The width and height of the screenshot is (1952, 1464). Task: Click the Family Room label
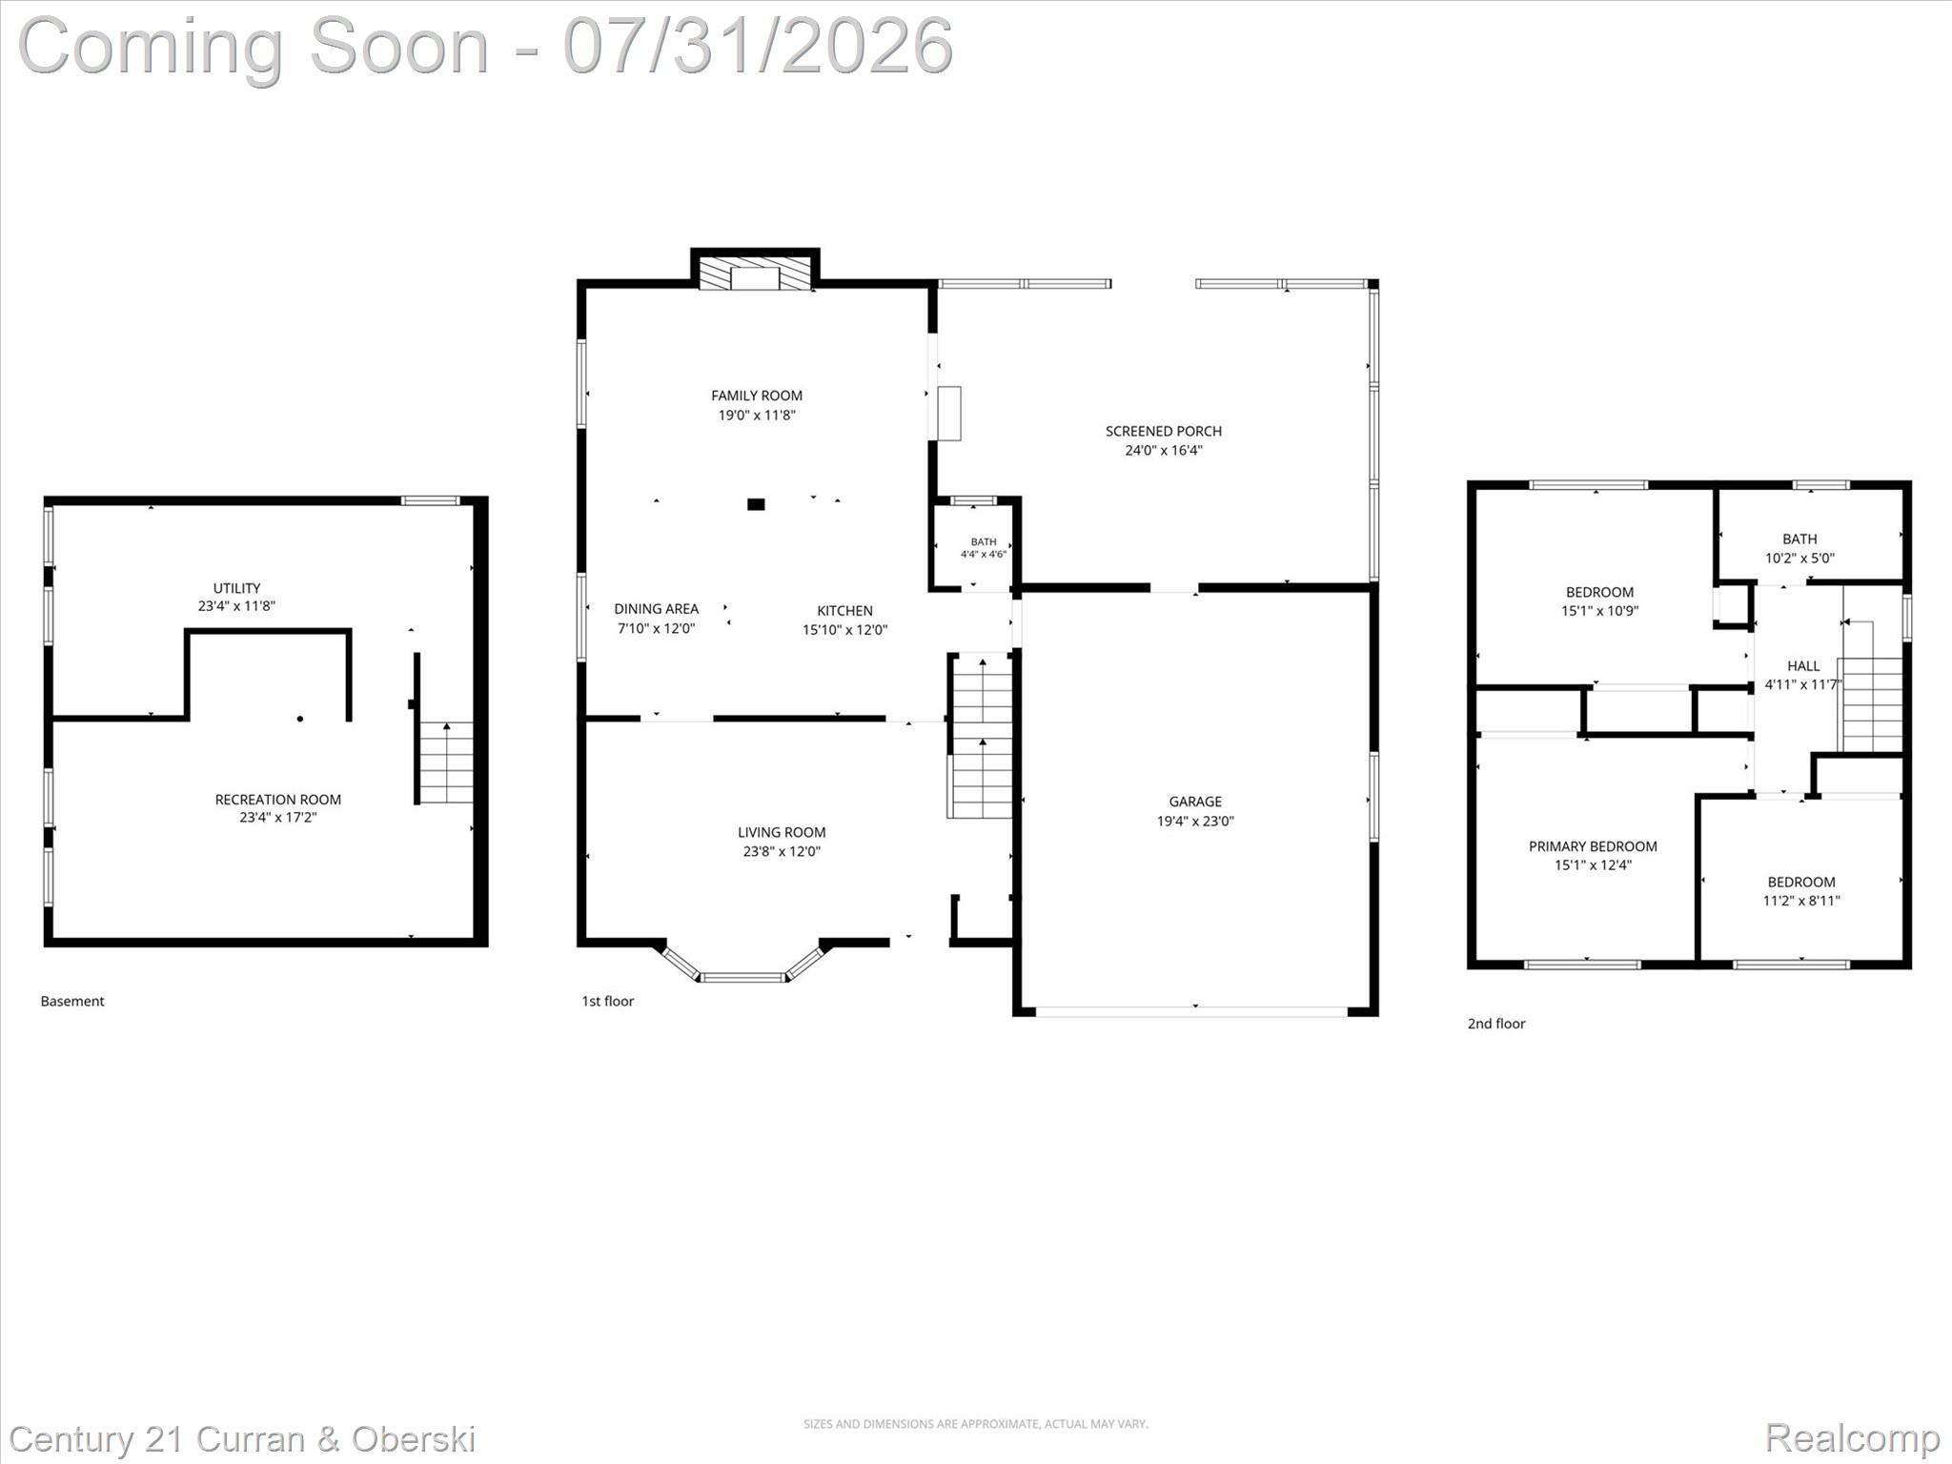coord(757,396)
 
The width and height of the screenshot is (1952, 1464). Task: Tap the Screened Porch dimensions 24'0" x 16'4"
coord(1164,451)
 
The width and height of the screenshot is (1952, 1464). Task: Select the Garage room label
coord(1195,802)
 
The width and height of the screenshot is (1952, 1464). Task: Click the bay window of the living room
coord(742,976)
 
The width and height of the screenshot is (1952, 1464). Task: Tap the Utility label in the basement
coord(236,588)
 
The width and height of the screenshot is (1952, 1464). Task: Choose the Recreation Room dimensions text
coord(277,818)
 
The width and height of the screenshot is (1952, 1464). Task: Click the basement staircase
coord(446,762)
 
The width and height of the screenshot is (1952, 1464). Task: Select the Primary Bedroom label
coord(1593,846)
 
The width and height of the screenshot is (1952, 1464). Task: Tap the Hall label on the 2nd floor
coord(1803,666)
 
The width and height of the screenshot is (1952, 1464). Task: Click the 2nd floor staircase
coord(1871,686)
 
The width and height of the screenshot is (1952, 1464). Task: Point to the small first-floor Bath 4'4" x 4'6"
coord(984,548)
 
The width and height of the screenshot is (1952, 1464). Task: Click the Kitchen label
coord(844,611)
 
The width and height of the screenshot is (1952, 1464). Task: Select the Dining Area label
coord(656,609)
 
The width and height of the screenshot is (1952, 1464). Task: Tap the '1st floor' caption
coord(607,1001)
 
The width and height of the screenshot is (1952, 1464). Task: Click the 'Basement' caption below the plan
coord(72,1001)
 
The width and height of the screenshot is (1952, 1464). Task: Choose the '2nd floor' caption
coord(1496,1024)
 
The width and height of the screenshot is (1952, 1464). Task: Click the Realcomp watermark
coord(1852,1438)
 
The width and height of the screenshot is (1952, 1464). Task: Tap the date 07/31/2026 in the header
coord(758,45)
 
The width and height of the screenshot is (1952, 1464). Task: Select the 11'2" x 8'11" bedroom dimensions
coord(1801,901)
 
